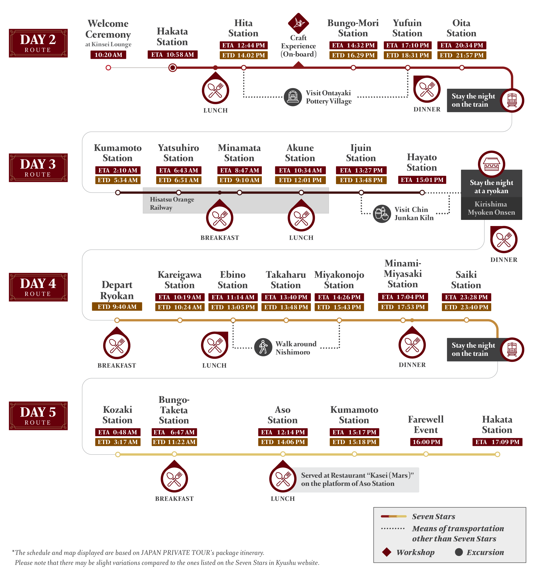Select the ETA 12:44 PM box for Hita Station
(x=243, y=45)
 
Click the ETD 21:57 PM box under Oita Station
(x=461, y=55)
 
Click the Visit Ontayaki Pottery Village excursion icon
(x=293, y=97)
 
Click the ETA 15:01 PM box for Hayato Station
(x=422, y=180)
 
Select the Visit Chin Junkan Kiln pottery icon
(x=382, y=214)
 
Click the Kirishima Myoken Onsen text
(x=491, y=208)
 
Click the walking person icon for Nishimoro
(x=263, y=347)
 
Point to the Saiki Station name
(x=466, y=280)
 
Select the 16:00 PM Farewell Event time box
(x=426, y=442)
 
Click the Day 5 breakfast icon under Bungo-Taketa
(x=174, y=479)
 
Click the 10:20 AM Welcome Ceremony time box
(x=108, y=54)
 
